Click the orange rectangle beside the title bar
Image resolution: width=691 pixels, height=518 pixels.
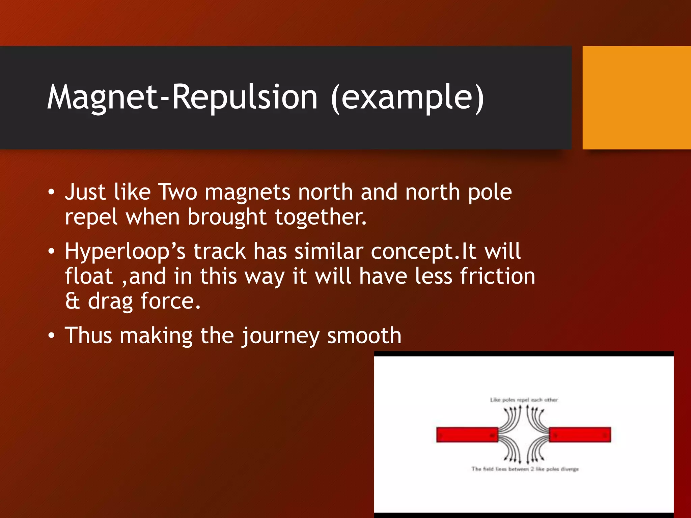coord(636,98)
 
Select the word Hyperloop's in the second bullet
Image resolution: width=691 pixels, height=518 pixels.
coord(125,252)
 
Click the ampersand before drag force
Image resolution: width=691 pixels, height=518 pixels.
coord(73,301)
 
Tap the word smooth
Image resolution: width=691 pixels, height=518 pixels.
coord(364,335)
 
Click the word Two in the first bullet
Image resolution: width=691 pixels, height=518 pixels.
coord(177,192)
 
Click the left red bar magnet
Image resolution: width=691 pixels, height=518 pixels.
coord(467,434)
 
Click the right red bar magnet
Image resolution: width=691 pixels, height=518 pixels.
coord(580,434)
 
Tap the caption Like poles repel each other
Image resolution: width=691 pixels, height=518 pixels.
coord(524,400)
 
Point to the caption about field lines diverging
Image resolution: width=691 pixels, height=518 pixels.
coord(525,469)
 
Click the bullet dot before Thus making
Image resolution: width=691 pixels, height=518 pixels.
coord(51,336)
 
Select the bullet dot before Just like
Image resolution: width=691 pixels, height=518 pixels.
coord(51,193)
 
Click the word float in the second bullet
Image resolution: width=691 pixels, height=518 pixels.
coord(89,276)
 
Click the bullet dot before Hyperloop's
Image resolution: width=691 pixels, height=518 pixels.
coord(51,252)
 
